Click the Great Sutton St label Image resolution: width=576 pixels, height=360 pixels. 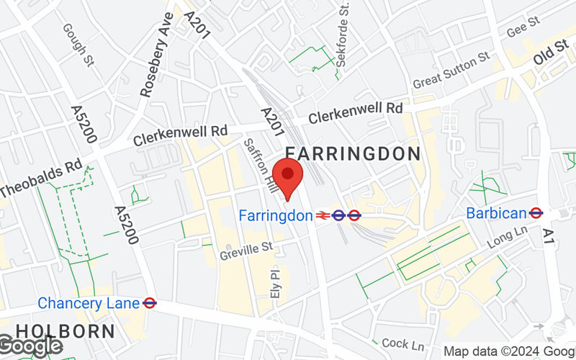tap(451, 71)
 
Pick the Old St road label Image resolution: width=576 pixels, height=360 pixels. tap(550, 55)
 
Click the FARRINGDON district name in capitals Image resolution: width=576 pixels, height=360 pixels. tap(353, 153)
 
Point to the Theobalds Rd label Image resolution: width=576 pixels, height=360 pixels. tap(41, 178)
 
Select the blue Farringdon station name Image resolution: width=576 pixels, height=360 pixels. tap(276, 215)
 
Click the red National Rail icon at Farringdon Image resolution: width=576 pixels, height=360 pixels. tap(323, 215)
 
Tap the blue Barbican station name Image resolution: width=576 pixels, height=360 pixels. tap(496, 212)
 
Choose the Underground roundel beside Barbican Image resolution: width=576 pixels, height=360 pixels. tap(535, 212)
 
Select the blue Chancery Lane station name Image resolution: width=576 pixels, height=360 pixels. tap(88, 303)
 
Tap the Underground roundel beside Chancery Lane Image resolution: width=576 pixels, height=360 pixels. tap(150, 303)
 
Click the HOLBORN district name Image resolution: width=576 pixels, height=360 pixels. tap(65, 332)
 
